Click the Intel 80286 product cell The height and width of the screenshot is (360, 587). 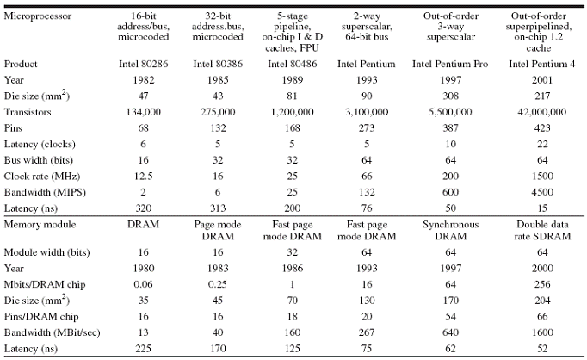(144, 64)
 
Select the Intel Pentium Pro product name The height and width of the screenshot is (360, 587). (450, 64)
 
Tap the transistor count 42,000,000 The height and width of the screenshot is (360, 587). (542, 112)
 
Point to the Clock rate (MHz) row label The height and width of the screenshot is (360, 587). (42, 176)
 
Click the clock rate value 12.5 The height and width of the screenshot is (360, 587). (144, 176)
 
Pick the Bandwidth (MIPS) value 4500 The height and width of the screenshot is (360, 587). (542, 192)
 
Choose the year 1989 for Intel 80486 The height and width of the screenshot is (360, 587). (292, 80)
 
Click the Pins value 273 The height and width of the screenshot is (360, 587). (367, 128)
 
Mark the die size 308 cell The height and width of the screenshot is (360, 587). (450, 96)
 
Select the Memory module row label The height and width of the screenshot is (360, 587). (40, 225)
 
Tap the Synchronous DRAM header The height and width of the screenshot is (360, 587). (450, 231)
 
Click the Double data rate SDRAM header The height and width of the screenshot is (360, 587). (542, 231)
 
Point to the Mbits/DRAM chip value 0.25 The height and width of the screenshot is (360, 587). (218, 284)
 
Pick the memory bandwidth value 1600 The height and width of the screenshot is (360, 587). (542, 332)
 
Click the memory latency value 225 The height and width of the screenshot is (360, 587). (144, 349)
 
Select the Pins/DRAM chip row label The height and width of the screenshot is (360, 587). (41, 317)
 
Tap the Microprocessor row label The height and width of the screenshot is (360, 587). (37, 16)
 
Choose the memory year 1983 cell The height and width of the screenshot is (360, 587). (218, 269)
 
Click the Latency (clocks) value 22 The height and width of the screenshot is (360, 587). (542, 144)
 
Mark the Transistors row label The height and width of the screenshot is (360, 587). (28, 112)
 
